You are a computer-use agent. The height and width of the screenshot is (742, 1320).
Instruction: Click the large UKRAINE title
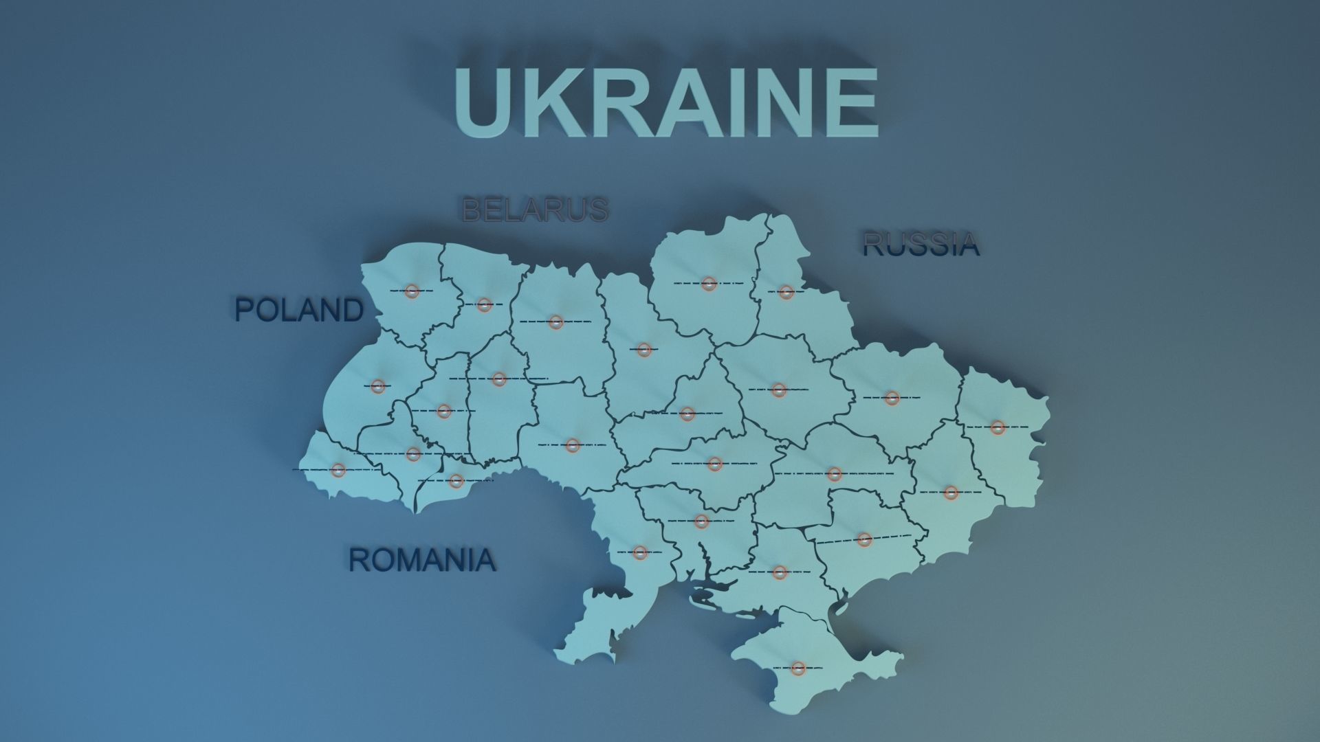click(x=665, y=103)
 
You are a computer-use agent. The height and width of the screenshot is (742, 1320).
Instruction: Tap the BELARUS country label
click(x=535, y=210)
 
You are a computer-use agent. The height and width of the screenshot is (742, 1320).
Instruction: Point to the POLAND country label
click(x=299, y=310)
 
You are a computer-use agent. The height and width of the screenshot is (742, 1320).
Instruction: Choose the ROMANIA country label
click(x=422, y=560)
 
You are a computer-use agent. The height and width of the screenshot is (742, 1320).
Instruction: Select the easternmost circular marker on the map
click(x=998, y=427)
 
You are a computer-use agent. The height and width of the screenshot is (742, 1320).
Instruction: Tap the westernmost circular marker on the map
click(x=338, y=470)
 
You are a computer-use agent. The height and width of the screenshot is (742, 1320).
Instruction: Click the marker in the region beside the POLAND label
click(x=411, y=291)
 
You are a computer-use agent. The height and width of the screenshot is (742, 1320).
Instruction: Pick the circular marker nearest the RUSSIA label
click(x=786, y=292)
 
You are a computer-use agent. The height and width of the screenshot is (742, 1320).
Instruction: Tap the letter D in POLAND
click(x=350, y=310)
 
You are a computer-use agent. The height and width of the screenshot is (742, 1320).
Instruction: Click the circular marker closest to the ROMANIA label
click(x=455, y=481)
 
